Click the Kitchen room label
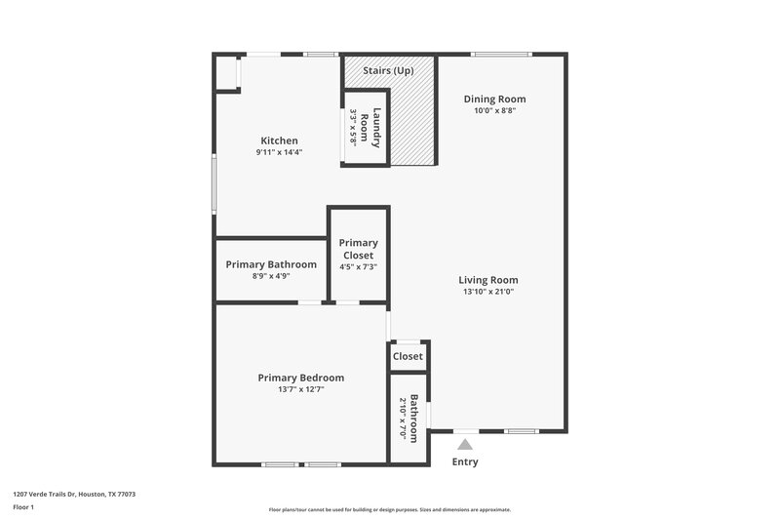point(279,140)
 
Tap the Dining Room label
point(494,99)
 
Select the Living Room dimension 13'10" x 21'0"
point(487,291)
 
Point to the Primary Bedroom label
point(300,378)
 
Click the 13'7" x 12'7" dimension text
point(300,389)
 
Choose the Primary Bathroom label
point(271,264)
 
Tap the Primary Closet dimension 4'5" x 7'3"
point(358,267)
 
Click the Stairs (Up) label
point(388,71)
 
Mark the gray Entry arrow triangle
point(465,445)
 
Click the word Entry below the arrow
point(465,461)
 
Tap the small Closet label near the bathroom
point(408,356)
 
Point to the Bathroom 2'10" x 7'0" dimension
point(402,418)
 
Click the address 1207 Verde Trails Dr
point(73,495)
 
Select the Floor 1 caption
point(24,508)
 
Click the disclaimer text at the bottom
point(389,509)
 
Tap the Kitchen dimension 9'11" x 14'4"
point(279,152)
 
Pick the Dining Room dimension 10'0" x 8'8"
point(494,110)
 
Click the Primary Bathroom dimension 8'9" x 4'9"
point(271,276)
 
